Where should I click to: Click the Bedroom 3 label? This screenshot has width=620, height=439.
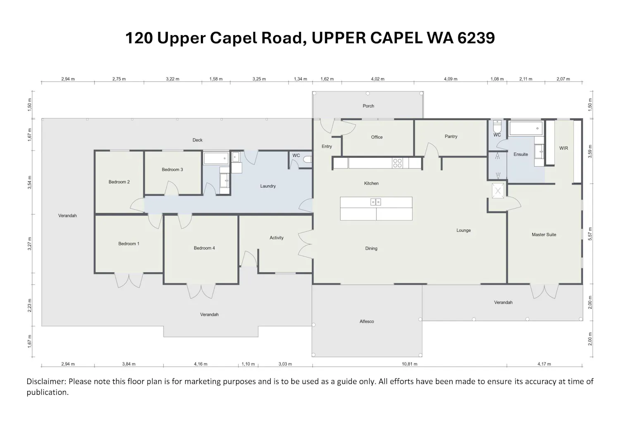click(172, 170)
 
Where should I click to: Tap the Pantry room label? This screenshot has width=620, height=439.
click(451, 137)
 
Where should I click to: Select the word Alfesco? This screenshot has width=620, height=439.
click(367, 321)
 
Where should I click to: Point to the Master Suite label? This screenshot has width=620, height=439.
click(544, 235)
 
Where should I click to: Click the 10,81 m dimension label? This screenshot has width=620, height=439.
click(409, 364)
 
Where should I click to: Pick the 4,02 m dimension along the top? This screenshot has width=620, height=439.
click(377, 79)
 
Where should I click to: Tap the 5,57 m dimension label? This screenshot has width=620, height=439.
click(590, 234)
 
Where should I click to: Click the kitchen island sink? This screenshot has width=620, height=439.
click(376, 202)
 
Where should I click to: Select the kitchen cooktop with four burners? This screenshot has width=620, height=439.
click(398, 163)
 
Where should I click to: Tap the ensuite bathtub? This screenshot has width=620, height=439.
click(526, 128)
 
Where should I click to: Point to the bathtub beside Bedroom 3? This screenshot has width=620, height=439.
click(216, 158)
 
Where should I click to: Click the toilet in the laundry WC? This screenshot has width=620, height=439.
click(308, 159)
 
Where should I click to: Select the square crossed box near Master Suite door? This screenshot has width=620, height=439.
click(498, 191)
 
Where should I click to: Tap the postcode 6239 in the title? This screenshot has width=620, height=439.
click(476, 38)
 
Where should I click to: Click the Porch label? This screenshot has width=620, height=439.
click(368, 106)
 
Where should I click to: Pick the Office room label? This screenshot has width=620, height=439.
click(377, 137)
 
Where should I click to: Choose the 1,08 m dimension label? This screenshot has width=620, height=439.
click(497, 79)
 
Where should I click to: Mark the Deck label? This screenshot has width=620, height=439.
click(197, 140)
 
